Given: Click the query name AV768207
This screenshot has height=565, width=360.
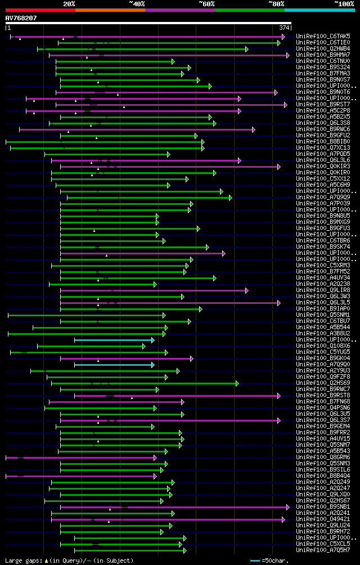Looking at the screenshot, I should [21, 18].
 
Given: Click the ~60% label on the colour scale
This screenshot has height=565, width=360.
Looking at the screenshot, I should [206, 3].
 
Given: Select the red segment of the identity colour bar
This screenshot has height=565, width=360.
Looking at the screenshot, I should [40, 10].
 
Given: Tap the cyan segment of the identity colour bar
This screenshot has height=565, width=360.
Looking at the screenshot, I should [319, 10].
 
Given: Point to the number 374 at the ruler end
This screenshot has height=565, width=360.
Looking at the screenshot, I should [284, 28].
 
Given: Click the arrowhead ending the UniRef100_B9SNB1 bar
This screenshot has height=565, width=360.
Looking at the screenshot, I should [287, 507].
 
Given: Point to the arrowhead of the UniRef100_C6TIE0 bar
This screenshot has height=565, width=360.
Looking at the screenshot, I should [278, 42].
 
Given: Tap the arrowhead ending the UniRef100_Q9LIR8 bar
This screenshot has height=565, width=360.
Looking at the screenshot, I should [246, 290].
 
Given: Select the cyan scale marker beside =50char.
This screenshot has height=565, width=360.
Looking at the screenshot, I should [255, 560].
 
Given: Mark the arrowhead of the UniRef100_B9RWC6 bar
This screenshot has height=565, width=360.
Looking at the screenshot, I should [254, 129].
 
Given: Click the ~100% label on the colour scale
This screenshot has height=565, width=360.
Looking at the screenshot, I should [344, 3].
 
